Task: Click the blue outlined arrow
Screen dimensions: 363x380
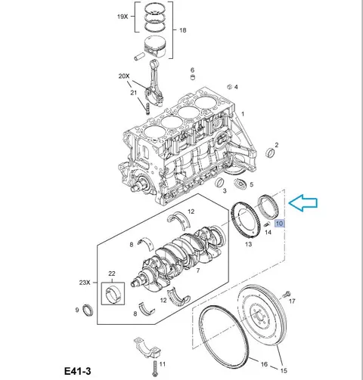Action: coord(302,202)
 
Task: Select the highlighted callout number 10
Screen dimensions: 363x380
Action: coord(279,224)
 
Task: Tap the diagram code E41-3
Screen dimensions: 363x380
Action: coord(77,371)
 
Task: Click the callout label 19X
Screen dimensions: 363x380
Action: coord(123,17)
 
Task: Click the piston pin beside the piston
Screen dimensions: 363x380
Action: coord(139,56)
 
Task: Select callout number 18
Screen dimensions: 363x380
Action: coord(183,30)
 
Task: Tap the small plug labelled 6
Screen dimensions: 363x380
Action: coord(193,77)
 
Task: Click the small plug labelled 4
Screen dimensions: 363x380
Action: coord(229,87)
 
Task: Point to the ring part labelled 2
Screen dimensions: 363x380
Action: coord(271,153)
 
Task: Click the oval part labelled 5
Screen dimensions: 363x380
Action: coord(240,184)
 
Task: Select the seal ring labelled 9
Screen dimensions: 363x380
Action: coord(88,310)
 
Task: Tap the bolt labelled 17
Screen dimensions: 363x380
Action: coord(287,294)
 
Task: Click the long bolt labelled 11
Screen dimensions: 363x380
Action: coord(154,370)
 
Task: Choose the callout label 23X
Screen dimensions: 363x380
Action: coord(85,283)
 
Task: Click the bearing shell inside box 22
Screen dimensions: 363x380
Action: coord(113,294)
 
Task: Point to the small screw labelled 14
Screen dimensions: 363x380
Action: coord(267,224)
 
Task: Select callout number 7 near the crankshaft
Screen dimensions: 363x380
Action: coord(198,270)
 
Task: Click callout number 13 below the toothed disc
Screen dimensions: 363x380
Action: coord(248,244)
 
